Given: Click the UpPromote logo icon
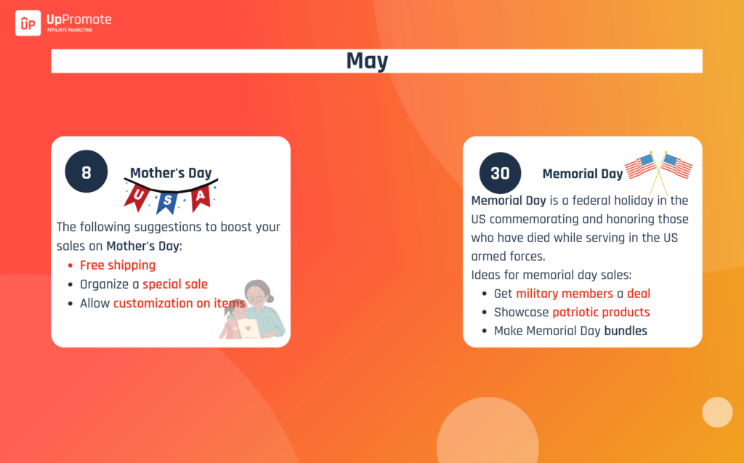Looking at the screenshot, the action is (x=28, y=23).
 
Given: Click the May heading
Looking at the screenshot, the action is (x=367, y=61).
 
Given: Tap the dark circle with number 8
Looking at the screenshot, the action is (x=86, y=172).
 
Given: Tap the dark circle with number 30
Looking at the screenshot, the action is (x=500, y=173).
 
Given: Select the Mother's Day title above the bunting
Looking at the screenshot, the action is (x=171, y=173).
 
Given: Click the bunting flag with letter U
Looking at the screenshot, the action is (x=137, y=196).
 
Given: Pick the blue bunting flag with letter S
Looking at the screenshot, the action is (x=167, y=202).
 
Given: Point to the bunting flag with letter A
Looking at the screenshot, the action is (x=201, y=196).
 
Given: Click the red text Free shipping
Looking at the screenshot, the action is (x=118, y=265).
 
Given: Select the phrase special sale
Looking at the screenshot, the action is (x=175, y=284).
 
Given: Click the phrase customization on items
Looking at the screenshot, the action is (x=179, y=303).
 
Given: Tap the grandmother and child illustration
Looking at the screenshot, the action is (x=252, y=310).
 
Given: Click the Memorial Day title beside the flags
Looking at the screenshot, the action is (x=583, y=174).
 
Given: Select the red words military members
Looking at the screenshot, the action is (x=565, y=294).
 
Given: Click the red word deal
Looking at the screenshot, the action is (x=639, y=294).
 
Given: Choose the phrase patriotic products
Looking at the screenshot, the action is (x=601, y=312).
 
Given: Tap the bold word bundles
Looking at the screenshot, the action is (x=626, y=331).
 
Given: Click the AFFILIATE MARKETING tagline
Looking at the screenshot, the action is (x=70, y=30).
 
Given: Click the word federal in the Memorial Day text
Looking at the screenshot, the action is (x=591, y=201).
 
